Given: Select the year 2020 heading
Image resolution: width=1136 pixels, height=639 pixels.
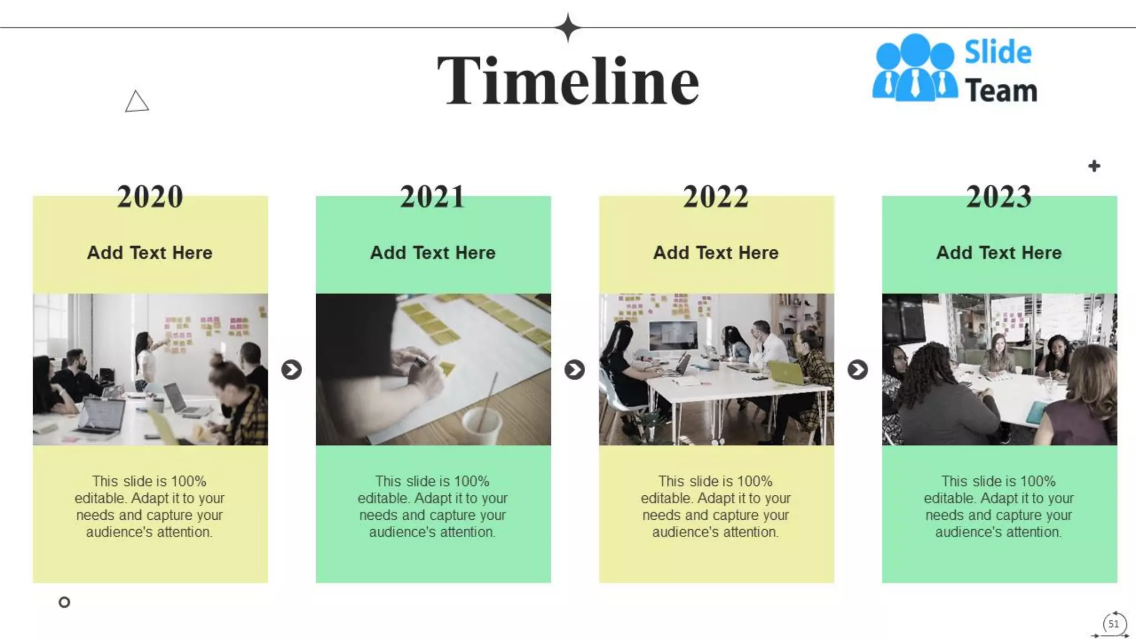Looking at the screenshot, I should coord(150,197).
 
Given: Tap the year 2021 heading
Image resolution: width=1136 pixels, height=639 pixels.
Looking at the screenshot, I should coord(433,197).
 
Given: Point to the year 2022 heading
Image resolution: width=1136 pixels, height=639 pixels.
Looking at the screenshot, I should coord(716,197).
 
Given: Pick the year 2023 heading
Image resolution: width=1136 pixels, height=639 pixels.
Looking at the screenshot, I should coord(999,197).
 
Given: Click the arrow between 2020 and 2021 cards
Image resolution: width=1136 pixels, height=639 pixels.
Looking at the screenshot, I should coord(291,369).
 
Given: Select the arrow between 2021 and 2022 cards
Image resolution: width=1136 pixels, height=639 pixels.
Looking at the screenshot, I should coord(575,369).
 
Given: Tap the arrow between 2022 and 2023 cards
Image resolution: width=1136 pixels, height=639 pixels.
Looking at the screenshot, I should coord(858,369).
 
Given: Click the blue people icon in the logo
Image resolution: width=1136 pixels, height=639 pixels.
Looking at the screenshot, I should coord(915,69).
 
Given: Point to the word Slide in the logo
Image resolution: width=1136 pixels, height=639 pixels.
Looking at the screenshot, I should coord(998,53).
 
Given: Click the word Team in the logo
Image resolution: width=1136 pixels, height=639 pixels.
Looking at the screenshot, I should coord(1001,90).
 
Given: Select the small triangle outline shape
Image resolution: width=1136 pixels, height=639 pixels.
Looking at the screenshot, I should coord(136,102).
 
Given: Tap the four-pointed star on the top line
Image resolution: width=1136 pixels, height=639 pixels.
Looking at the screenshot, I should coord(567,27).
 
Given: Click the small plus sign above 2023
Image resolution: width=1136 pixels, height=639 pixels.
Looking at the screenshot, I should coord(1094,166).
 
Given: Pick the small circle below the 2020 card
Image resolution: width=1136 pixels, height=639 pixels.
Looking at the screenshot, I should coord(64,602).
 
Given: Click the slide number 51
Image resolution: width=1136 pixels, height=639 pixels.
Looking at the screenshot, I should coord(1113,623).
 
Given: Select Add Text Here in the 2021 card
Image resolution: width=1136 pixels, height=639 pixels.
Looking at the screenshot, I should coord(433,253).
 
